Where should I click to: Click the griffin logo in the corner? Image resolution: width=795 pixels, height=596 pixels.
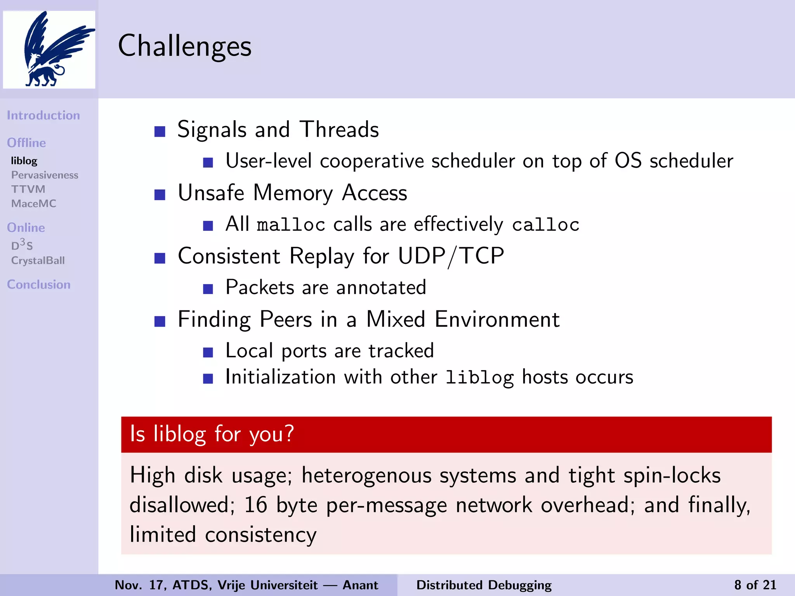point(49,49)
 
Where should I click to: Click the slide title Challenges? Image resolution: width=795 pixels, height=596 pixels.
point(185,46)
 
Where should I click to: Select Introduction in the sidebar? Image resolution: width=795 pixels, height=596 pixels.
point(43,115)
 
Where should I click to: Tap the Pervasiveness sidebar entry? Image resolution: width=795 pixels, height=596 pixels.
point(45,175)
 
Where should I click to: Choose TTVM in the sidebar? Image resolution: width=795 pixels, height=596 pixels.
point(28,189)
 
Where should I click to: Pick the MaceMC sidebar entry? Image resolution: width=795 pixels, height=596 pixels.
point(34,203)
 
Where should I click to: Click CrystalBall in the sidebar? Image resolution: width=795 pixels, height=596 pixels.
point(38,260)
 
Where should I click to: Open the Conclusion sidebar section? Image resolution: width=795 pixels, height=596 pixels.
point(39,284)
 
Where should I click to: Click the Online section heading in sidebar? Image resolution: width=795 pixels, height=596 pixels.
point(26,227)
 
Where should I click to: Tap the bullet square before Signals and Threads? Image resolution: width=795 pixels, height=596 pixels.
point(160,132)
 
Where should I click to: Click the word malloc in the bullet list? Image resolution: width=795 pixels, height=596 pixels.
point(291,225)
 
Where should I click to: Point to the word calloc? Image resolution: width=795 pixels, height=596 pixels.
point(545,225)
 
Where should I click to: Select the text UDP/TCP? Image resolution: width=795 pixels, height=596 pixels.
point(451,256)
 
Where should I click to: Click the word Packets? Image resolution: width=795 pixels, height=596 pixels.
point(260,288)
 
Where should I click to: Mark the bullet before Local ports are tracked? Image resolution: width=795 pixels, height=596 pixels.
point(208,352)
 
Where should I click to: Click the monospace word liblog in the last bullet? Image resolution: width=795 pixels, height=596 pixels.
point(479,378)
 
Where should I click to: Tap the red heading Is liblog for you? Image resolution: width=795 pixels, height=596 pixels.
point(212,434)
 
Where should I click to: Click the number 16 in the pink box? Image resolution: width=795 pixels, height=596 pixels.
point(256,505)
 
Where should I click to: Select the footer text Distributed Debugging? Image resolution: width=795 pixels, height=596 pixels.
point(484,585)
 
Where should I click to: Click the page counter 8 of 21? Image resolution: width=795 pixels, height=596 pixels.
point(755,585)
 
